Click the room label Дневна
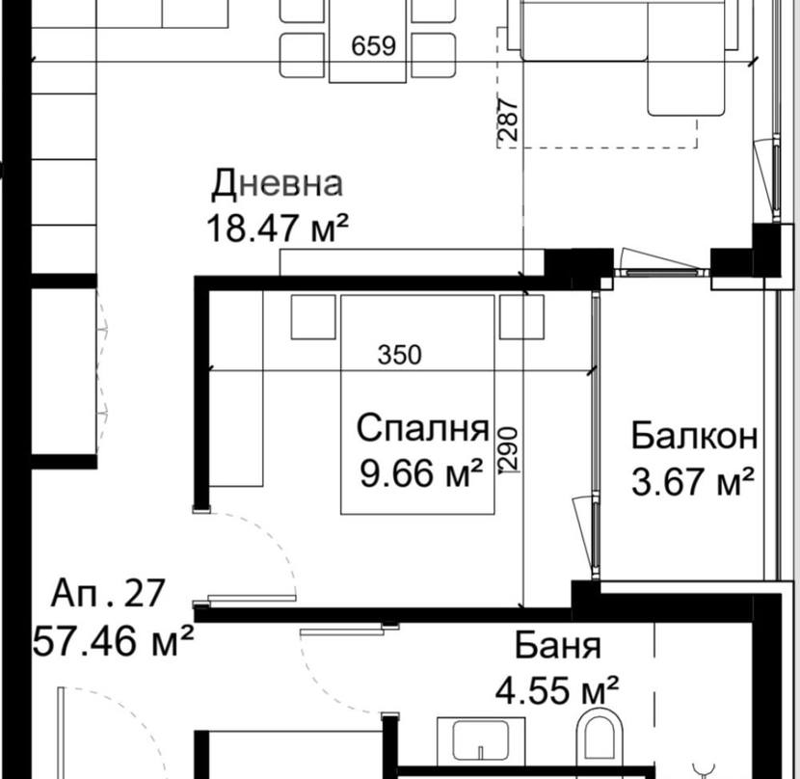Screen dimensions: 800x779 point(277,184)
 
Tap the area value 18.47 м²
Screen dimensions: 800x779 point(278,228)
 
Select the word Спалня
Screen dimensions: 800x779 point(423,428)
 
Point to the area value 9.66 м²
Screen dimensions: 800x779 point(421,473)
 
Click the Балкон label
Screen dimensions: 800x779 point(694,436)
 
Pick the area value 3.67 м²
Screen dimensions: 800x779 point(693,481)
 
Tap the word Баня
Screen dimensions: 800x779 point(558,645)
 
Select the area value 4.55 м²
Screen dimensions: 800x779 point(557,690)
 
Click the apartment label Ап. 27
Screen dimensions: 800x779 point(108,593)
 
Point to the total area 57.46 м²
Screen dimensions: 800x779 point(114,641)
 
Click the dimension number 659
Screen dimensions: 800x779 point(373,46)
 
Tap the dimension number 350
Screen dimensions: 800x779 point(400,356)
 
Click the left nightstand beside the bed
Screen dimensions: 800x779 point(313,316)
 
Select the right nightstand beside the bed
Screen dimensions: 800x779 point(521,316)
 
